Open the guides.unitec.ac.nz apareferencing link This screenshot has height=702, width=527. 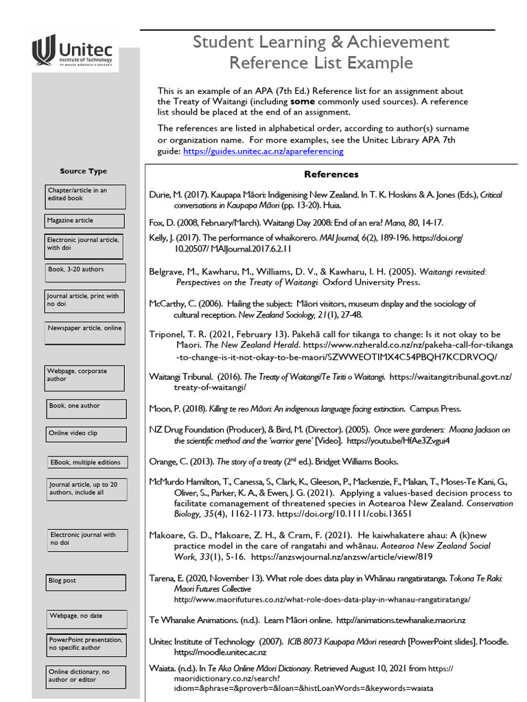[263, 151]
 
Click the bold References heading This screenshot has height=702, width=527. [331, 174]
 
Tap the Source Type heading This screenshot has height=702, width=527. [83, 171]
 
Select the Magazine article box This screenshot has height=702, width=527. [85, 221]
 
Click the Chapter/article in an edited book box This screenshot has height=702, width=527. [85, 197]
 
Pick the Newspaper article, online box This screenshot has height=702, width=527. [85, 332]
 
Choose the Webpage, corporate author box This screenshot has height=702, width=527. [85, 377]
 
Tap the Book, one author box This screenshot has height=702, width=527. [86, 409]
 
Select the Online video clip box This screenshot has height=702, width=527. [86, 434]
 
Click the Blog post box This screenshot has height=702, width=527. [86, 582]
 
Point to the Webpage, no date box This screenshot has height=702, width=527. [86, 618]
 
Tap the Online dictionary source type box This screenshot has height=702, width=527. [86, 677]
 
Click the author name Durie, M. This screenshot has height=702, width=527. [166, 195]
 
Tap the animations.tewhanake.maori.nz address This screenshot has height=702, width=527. [401, 620]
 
